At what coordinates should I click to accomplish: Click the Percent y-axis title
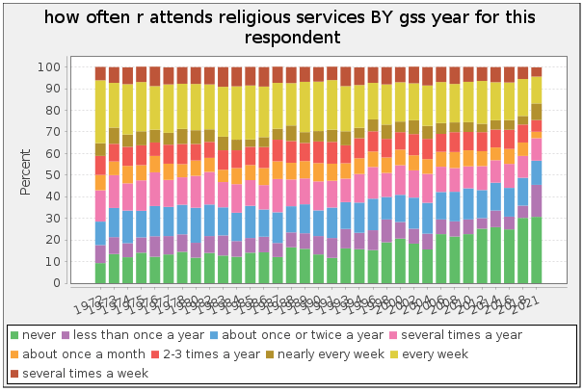pos(27,174)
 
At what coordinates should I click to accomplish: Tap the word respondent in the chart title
pos(291,37)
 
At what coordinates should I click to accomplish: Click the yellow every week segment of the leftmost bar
pos(100,112)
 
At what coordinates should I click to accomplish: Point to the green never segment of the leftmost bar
pos(100,274)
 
